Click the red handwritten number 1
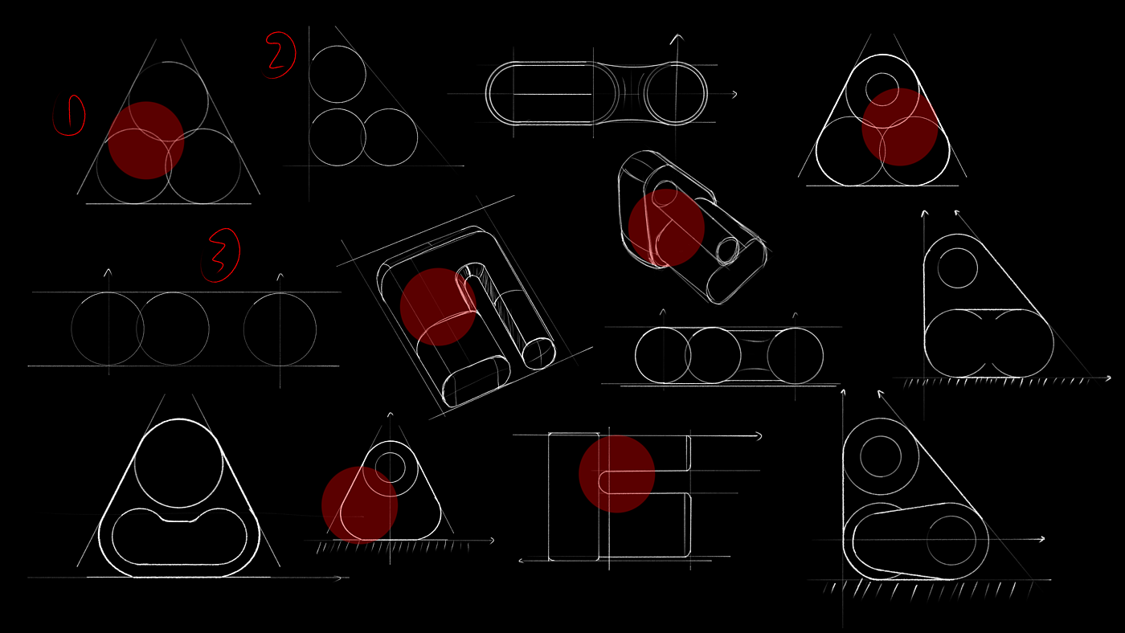(x=70, y=115)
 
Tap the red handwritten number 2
(x=280, y=55)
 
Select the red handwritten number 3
(x=222, y=255)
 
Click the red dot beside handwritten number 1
(x=146, y=140)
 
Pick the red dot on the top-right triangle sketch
(x=899, y=127)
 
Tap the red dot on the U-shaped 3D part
(x=438, y=306)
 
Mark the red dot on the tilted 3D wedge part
(x=666, y=227)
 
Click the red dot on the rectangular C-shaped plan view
(x=616, y=474)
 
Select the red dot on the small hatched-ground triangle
(x=360, y=504)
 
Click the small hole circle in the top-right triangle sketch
(x=882, y=88)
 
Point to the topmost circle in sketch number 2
(x=337, y=74)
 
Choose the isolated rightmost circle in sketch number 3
(x=280, y=329)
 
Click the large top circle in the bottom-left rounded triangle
(x=178, y=464)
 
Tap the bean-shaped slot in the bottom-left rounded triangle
(x=179, y=537)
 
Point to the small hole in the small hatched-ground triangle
(x=390, y=467)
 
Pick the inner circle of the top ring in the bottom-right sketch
(x=881, y=456)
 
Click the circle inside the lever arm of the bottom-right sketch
(x=951, y=541)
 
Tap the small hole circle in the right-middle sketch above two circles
(x=957, y=268)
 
